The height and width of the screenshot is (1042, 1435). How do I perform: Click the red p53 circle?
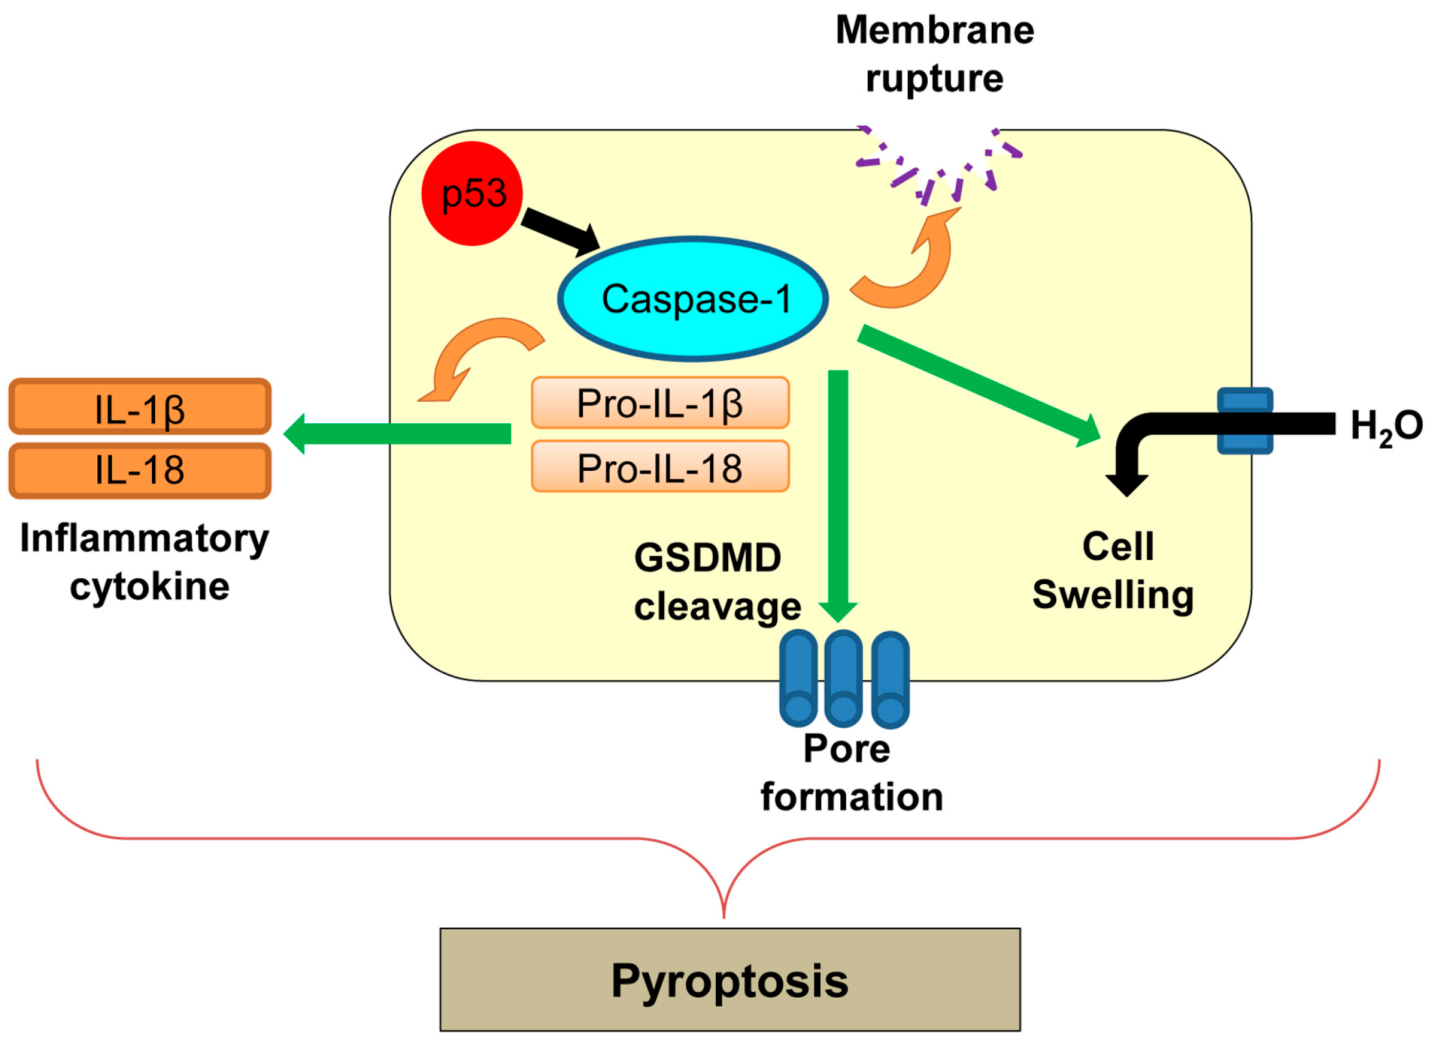click(x=472, y=194)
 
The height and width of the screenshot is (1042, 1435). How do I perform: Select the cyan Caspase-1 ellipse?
click(x=693, y=299)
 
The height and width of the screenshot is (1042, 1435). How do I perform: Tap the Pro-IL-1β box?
click(x=660, y=403)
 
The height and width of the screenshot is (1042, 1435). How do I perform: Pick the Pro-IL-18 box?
click(x=660, y=467)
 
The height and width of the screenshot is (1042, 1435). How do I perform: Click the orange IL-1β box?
click(x=140, y=407)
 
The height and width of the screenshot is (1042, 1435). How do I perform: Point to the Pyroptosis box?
click(x=730, y=980)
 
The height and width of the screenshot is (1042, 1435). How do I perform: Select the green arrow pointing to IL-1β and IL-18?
click(x=397, y=434)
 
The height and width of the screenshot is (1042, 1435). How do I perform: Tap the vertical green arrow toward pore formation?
click(x=838, y=496)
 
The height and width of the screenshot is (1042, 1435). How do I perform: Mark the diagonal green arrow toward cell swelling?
click(x=979, y=386)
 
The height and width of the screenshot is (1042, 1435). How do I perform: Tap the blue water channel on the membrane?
click(x=1245, y=421)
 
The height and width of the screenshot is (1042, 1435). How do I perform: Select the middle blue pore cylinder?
click(x=844, y=678)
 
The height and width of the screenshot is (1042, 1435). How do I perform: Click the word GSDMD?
click(x=707, y=558)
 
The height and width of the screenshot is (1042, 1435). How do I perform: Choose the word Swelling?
click(x=1113, y=596)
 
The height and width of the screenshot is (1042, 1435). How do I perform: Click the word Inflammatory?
click(x=144, y=539)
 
